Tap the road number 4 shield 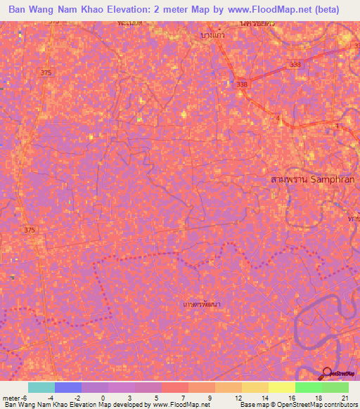pos(278,119)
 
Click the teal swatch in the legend pos(41,387)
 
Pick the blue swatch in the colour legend pos(68,387)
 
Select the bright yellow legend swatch pos(281,387)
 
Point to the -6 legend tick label pos(26,398)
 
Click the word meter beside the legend pos(11,398)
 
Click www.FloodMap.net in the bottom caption pos(181,405)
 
